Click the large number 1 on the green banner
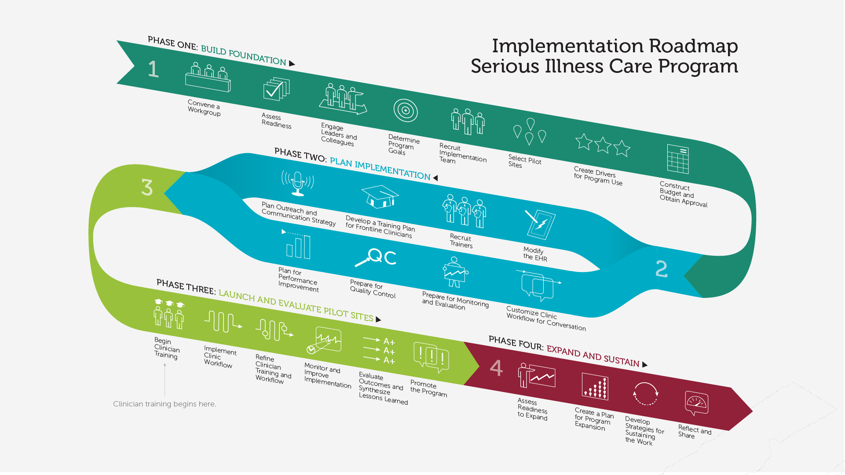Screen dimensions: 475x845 coord(153,69)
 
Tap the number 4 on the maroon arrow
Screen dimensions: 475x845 coord(496,368)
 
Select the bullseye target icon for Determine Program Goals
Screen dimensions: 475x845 coord(406,111)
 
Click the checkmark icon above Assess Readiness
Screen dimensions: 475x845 coord(276,90)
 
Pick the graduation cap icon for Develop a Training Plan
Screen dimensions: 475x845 coord(380,196)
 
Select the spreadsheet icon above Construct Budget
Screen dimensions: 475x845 coord(677,159)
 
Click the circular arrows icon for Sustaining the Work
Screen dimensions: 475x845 coord(645,393)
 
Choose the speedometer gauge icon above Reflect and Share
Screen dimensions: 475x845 coord(696,402)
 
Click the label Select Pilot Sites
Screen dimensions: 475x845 coord(524,161)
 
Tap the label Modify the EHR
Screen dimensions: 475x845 coord(535,254)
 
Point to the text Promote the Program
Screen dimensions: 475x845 coord(428,388)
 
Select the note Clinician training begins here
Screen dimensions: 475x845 coord(165,404)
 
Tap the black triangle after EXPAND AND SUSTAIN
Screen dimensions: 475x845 coord(645,364)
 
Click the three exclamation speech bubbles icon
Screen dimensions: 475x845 coord(431,356)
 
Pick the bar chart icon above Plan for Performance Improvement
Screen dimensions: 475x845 coord(298,247)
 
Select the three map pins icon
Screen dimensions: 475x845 coord(530,131)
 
